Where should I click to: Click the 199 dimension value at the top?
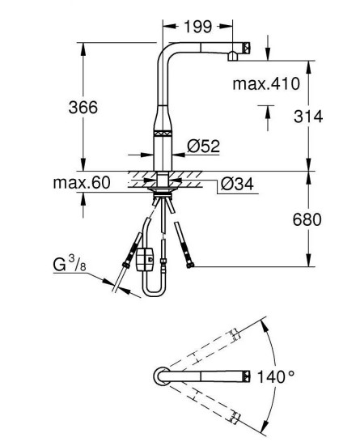tap(198, 27)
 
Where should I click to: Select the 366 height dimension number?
tap(83, 107)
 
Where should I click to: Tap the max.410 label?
tap(266, 83)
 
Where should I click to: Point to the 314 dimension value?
tap(308, 117)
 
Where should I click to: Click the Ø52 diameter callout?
tap(204, 146)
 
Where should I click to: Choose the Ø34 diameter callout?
tap(237, 184)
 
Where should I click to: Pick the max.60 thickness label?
tap(82, 182)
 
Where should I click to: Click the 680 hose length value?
tap(307, 219)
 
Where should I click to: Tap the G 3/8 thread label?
tap(70, 264)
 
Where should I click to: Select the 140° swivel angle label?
tap(276, 377)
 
